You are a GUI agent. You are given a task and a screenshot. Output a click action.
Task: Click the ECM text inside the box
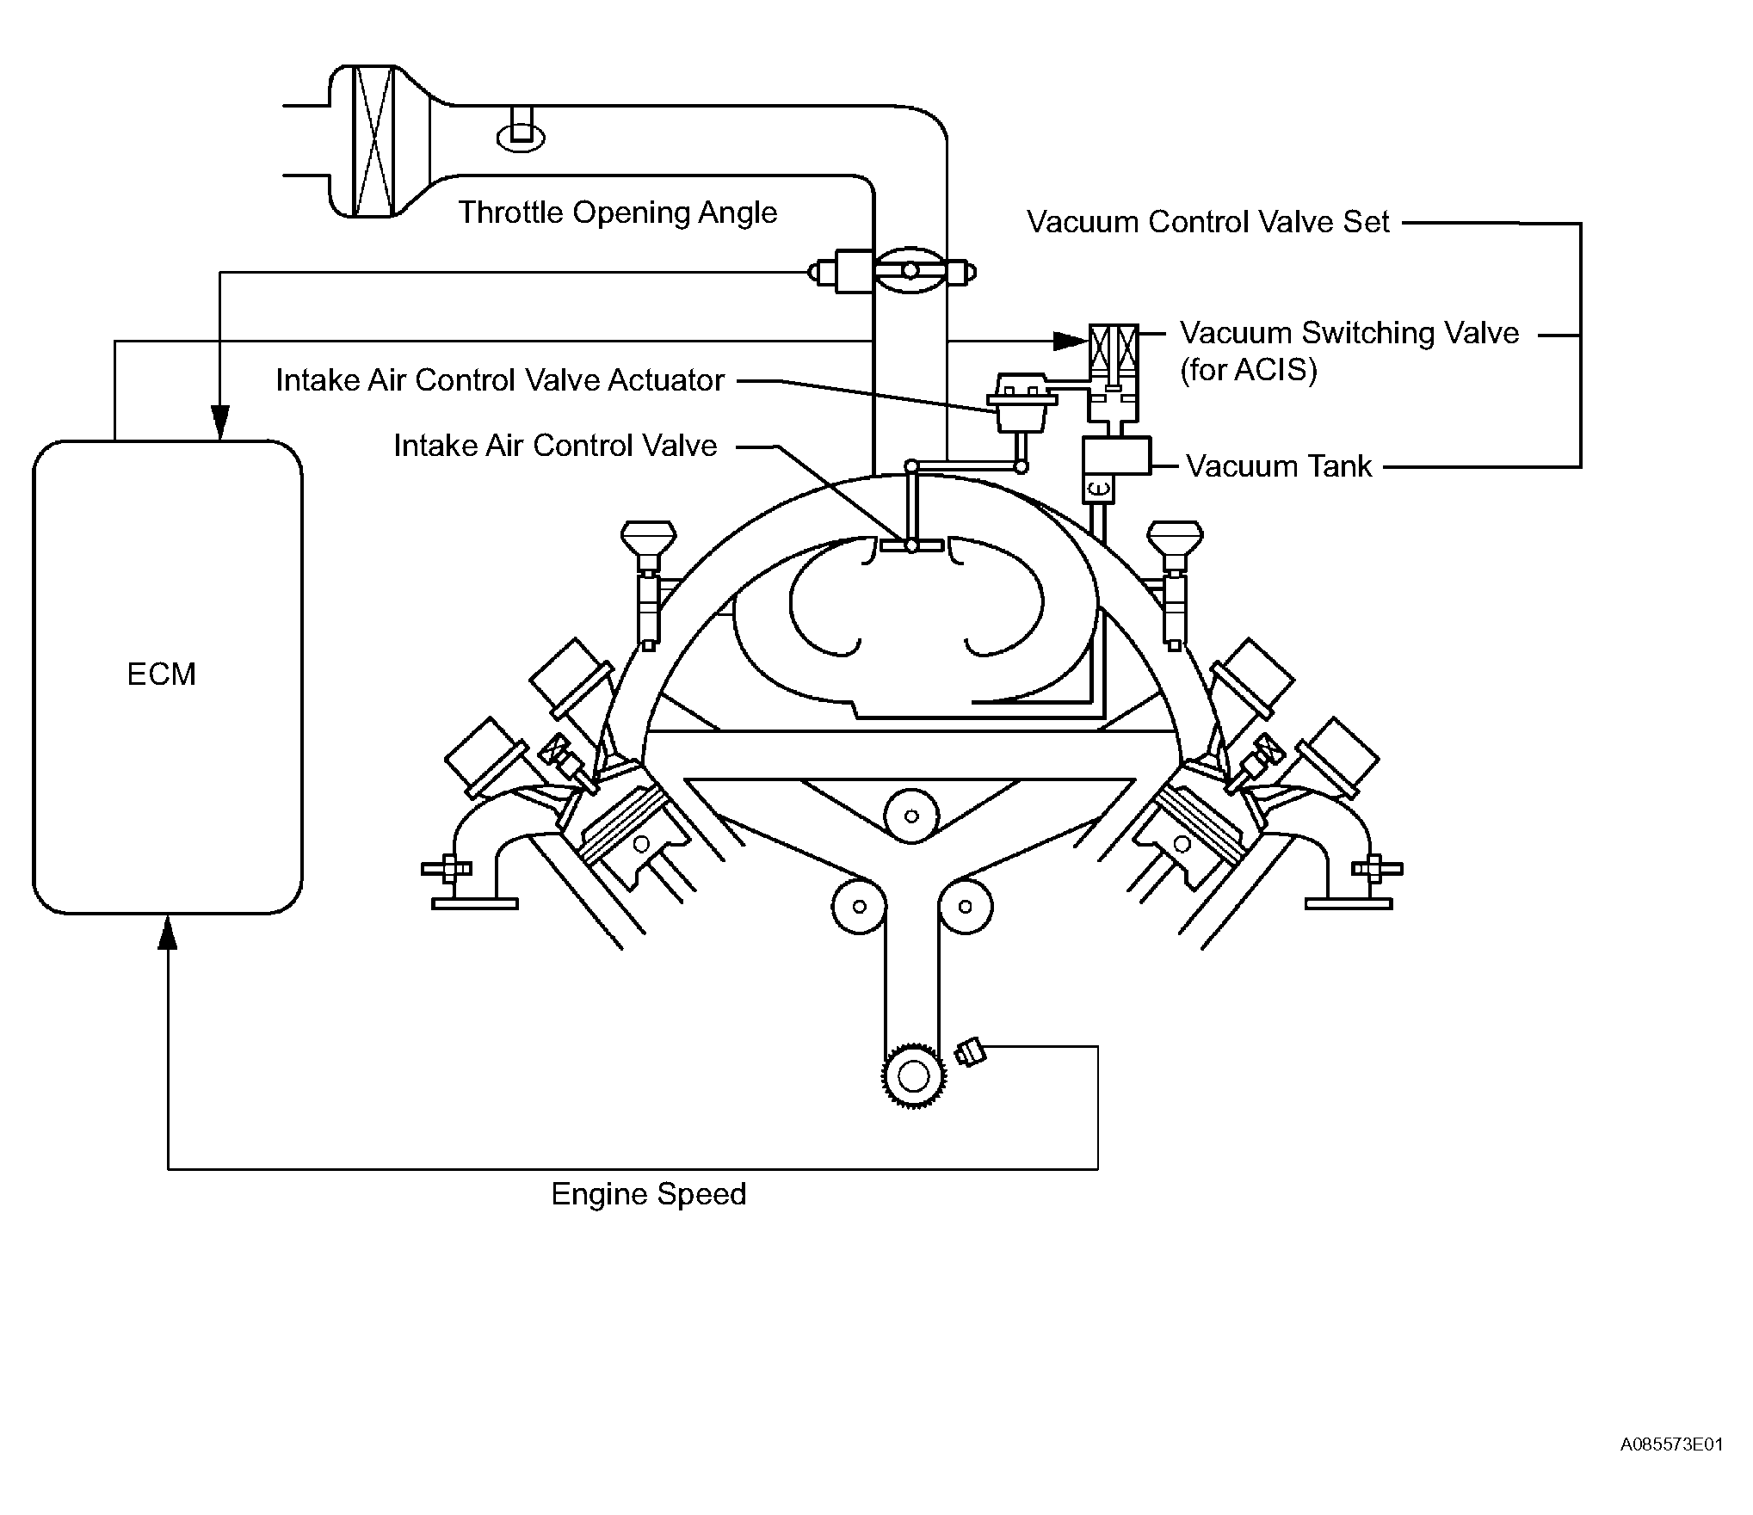coord(162,674)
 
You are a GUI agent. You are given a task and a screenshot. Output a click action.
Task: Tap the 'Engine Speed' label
coord(649,1195)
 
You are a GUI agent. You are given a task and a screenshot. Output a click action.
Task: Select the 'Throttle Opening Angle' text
coord(617,212)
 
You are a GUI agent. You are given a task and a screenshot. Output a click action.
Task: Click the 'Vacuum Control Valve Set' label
coord(1208,222)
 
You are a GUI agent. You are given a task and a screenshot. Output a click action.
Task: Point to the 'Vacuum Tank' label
coord(1279,466)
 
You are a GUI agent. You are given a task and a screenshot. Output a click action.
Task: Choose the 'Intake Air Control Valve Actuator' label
coord(500,380)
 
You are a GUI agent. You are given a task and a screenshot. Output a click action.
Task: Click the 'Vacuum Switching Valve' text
coord(1349,334)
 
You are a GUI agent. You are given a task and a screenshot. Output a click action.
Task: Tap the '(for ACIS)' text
coord(1248,371)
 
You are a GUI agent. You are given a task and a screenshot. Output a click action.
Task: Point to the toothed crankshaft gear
coord(913,1075)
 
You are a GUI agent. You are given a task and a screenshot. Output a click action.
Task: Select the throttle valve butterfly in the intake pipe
coord(910,272)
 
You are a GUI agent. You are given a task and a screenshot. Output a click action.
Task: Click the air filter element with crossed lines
coord(374,140)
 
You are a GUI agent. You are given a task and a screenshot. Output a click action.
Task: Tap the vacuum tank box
coord(1116,456)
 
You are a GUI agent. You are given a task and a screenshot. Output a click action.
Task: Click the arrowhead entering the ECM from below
coord(168,931)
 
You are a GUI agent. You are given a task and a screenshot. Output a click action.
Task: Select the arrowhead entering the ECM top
coord(220,422)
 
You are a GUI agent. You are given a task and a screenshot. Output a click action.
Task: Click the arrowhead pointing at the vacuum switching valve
coord(1071,342)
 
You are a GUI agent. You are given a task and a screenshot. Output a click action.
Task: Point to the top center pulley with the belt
coord(911,816)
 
